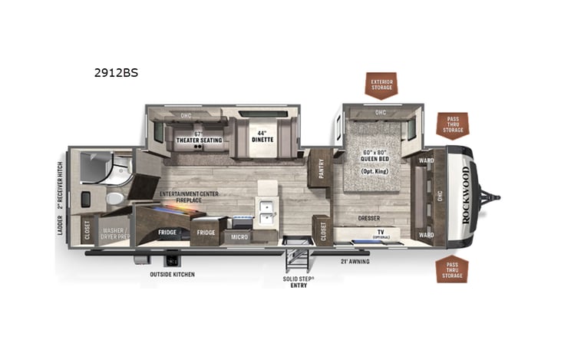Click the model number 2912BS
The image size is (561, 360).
(114, 74)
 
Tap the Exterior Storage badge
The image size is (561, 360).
(381, 84)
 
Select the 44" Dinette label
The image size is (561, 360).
(263, 137)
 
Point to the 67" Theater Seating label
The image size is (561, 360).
(199, 137)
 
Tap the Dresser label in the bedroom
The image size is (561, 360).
(368, 219)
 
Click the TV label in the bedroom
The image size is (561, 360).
(380, 231)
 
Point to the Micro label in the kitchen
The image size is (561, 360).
(239, 236)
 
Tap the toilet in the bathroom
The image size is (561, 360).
(114, 199)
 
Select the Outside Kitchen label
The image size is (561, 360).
(173, 274)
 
